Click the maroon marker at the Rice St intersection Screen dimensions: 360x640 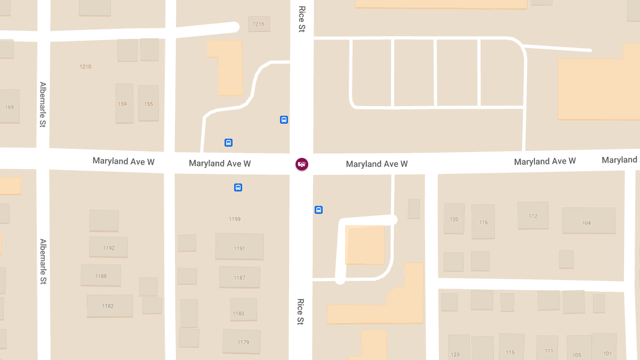(x=302, y=164)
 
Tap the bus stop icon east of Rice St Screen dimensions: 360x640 (x=318, y=210)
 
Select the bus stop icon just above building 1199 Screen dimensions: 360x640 (x=238, y=187)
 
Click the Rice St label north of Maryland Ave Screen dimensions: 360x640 (x=302, y=19)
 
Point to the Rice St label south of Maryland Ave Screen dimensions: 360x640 (x=301, y=311)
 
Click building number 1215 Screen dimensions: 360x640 (x=259, y=24)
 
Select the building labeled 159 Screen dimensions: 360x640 (x=123, y=103)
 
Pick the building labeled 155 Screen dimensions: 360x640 (x=148, y=103)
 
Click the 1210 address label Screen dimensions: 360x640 (x=85, y=67)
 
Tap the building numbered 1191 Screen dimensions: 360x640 (x=239, y=248)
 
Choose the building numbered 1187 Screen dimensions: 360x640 (x=239, y=277)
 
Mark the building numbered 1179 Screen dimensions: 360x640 (x=242, y=342)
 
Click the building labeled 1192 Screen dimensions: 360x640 (x=109, y=247)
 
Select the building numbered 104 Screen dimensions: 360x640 (x=587, y=222)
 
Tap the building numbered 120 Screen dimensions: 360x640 (x=454, y=219)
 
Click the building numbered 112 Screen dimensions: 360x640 (x=533, y=215)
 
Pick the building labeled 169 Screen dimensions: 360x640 (x=10, y=107)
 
